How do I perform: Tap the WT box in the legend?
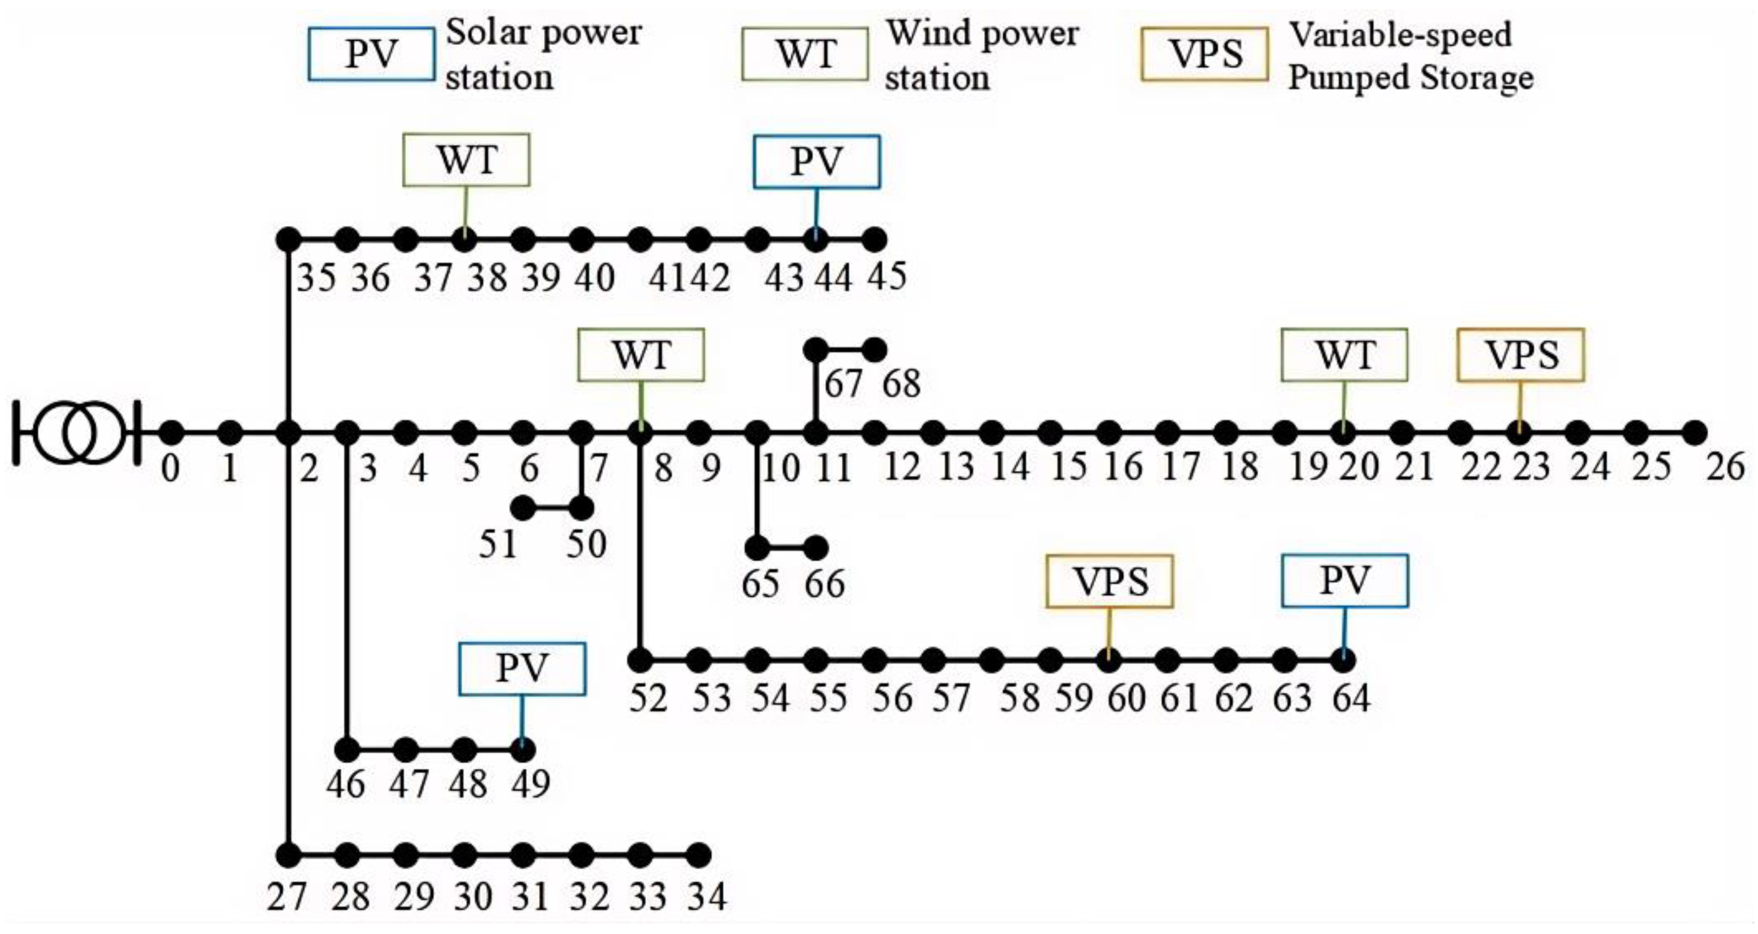(805, 55)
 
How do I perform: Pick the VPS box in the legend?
(1205, 55)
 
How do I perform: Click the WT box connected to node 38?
(466, 160)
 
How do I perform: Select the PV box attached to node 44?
(816, 162)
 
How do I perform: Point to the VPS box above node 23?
(1520, 355)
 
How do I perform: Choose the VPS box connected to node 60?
(1109, 582)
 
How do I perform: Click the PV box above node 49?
(522, 669)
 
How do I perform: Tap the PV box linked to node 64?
(1344, 580)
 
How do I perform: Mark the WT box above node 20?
(1344, 355)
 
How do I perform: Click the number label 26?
(1725, 467)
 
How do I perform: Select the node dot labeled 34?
(698, 854)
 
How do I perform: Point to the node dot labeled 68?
(874, 350)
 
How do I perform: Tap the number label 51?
(497, 545)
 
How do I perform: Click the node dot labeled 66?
(815, 547)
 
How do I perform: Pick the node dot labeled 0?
(171, 432)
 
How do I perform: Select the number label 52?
(648, 699)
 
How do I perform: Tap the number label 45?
(887, 276)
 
